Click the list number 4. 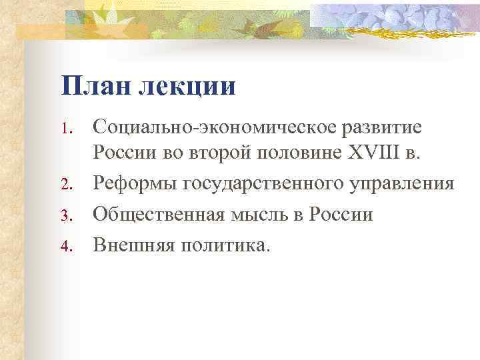tap(67, 246)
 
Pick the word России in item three tap(344, 215)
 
